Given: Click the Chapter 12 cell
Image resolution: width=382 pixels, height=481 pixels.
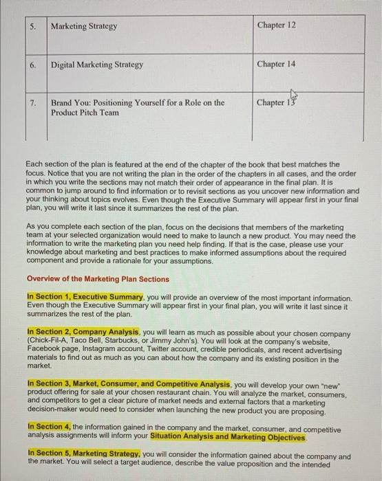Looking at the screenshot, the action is (x=276, y=25).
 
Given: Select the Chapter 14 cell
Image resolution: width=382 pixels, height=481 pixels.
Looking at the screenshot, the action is (x=276, y=65).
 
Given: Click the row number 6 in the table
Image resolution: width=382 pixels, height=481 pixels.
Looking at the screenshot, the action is (x=34, y=65).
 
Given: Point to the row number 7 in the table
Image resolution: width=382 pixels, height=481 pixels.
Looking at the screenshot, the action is (x=34, y=103).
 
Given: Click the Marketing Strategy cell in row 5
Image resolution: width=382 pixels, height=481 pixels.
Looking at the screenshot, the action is (x=84, y=26).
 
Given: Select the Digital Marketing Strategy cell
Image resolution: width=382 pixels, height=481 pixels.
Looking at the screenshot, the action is (x=96, y=65).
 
